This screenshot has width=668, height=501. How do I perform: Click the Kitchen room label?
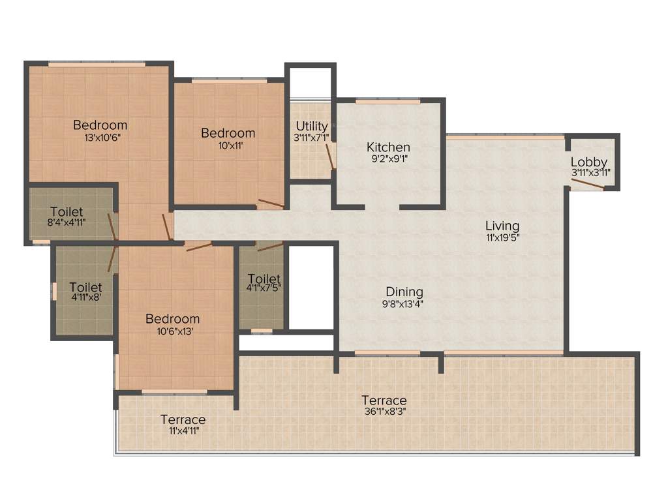pyautogui.click(x=388, y=147)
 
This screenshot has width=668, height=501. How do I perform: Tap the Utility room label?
pyautogui.click(x=312, y=126)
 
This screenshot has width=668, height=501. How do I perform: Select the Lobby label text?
pyautogui.click(x=588, y=162)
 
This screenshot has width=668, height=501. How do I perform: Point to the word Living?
pyautogui.click(x=502, y=226)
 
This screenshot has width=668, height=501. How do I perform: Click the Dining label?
pyautogui.click(x=404, y=292)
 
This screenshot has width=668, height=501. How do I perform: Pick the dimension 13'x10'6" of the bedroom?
pyautogui.click(x=100, y=138)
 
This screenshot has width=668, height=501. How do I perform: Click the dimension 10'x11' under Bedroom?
pyautogui.click(x=228, y=145)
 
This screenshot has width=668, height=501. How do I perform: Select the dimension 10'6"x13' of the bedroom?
pyautogui.click(x=172, y=331)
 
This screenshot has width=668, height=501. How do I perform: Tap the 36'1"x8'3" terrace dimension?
pyautogui.click(x=384, y=412)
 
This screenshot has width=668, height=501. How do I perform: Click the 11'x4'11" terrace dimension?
pyautogui.click(x=183, y=431)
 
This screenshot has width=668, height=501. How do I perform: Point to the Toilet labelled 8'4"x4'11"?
pyautogui.click(x=67, y=212)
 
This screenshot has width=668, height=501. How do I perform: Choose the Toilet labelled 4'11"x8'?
pyautogui.click(x=85, y=287)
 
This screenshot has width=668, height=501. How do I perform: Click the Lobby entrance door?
pyautogui.click(x=587, y=184)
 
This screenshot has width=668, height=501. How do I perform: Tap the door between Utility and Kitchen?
pyautogui.click(x=332, y=156)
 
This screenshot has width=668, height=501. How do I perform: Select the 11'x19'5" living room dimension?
pyautogui.click(x=502, y=237)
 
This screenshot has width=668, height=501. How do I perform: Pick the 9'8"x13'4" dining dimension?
pyautogui.click(x=404, y=303)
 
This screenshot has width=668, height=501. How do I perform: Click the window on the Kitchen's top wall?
pyautogui.click(x=387, y=102)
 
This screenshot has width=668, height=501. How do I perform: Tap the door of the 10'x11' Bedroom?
pyautogui.click(x=271, y=204)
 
